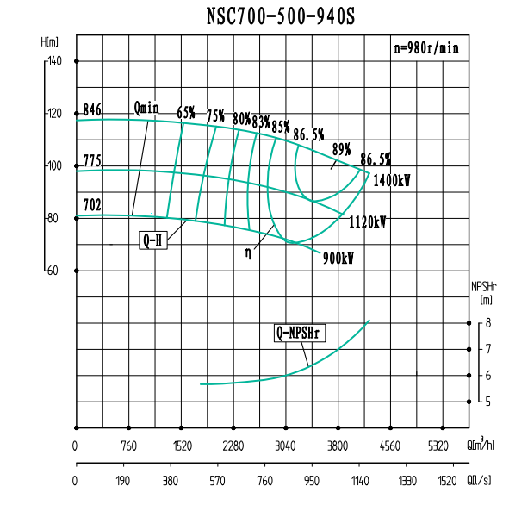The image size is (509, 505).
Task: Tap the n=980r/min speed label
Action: point(426,48)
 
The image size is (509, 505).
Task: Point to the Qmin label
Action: point(147,108)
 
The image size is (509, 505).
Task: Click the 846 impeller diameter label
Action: point(92,109)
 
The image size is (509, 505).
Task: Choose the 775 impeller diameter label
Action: point(92,161)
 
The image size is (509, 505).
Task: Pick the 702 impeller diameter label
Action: point(92,204)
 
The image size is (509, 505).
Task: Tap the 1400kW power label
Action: point(392,181)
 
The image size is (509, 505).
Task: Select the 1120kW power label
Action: point(368,221)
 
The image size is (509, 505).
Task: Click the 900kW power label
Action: point(338,257)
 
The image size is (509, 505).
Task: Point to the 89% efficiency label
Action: point(341,148)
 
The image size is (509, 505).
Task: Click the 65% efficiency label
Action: point(186,113)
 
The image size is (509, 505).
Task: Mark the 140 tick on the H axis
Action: point(54,61)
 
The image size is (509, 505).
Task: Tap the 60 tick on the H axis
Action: point(53,271)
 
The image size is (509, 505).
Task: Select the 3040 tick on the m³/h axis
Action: point(285,446)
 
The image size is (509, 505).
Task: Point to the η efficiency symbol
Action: point(248,253)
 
